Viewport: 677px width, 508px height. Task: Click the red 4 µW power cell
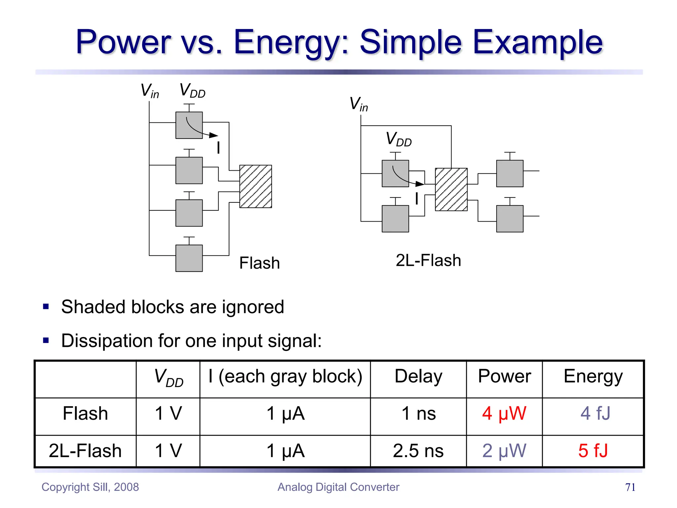504,413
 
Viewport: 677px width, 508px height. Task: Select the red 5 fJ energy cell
593,451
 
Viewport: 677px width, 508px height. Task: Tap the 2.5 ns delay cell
418,451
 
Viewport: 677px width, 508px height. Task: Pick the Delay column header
418,376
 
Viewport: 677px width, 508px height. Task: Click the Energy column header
593,376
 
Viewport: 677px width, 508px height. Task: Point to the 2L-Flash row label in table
85,451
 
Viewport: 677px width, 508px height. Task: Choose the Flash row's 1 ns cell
418,413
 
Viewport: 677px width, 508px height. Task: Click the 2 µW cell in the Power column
504,451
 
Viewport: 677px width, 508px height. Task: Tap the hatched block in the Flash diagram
256,187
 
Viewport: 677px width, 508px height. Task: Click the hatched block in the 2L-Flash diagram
451,190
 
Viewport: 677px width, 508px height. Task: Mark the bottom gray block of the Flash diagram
189,258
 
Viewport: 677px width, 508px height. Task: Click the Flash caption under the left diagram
259,263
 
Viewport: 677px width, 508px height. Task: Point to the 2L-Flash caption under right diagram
428,261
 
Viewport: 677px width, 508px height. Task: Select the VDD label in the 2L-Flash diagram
399,139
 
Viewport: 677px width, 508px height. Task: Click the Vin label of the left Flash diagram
150,91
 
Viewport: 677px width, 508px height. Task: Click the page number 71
630,487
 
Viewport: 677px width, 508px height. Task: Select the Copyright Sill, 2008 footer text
90,487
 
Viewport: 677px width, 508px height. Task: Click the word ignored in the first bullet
253,307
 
